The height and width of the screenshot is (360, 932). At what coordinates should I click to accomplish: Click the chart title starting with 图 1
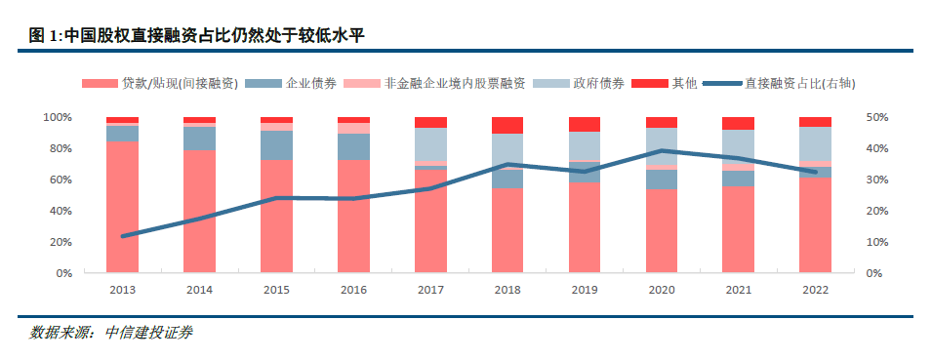click(x=196, y=36)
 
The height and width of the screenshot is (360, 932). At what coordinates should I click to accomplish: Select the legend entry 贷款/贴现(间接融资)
click(x=160, y=84)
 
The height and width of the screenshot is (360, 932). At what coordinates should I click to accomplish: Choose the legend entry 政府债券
click(x=580, y=84)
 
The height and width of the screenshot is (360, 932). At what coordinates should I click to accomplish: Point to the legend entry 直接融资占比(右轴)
click(x=779, y=84)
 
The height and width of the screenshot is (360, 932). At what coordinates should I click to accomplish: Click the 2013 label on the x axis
click(x=122, y=290)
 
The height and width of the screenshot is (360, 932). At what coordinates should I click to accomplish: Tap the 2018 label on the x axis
click(x=507, y=290)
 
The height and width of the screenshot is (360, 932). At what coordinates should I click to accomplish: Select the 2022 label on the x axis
click(x=816, y=290)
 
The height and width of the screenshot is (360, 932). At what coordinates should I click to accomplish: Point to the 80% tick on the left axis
click(x=56, y=148)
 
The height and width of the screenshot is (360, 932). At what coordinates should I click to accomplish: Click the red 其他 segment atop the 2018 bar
click(x=507, y=125)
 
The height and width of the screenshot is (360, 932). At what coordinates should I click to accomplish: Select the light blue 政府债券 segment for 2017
click(x=431, y=144)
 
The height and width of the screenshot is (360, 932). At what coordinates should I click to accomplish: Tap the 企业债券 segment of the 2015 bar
click(x=277, y=145)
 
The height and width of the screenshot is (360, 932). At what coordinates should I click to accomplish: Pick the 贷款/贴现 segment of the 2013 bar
click(x=122, y=208)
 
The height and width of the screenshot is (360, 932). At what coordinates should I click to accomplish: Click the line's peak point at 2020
click(x=662, y=151)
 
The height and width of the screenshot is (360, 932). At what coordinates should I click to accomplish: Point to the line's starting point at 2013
click(x=122, y=236)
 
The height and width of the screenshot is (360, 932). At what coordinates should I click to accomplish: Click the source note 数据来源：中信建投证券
click(x=110, y=334)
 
